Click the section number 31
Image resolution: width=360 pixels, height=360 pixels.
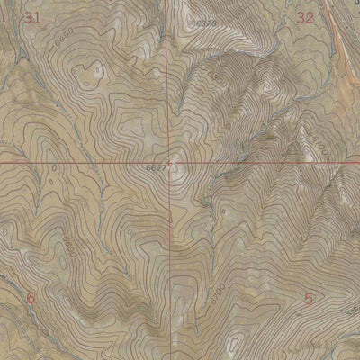[x=33, y=18]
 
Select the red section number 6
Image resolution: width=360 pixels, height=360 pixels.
[x=30, y=296]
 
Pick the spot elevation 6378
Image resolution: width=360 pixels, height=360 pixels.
[x=207, y=22]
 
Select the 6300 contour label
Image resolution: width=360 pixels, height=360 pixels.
[x=217, y=82]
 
